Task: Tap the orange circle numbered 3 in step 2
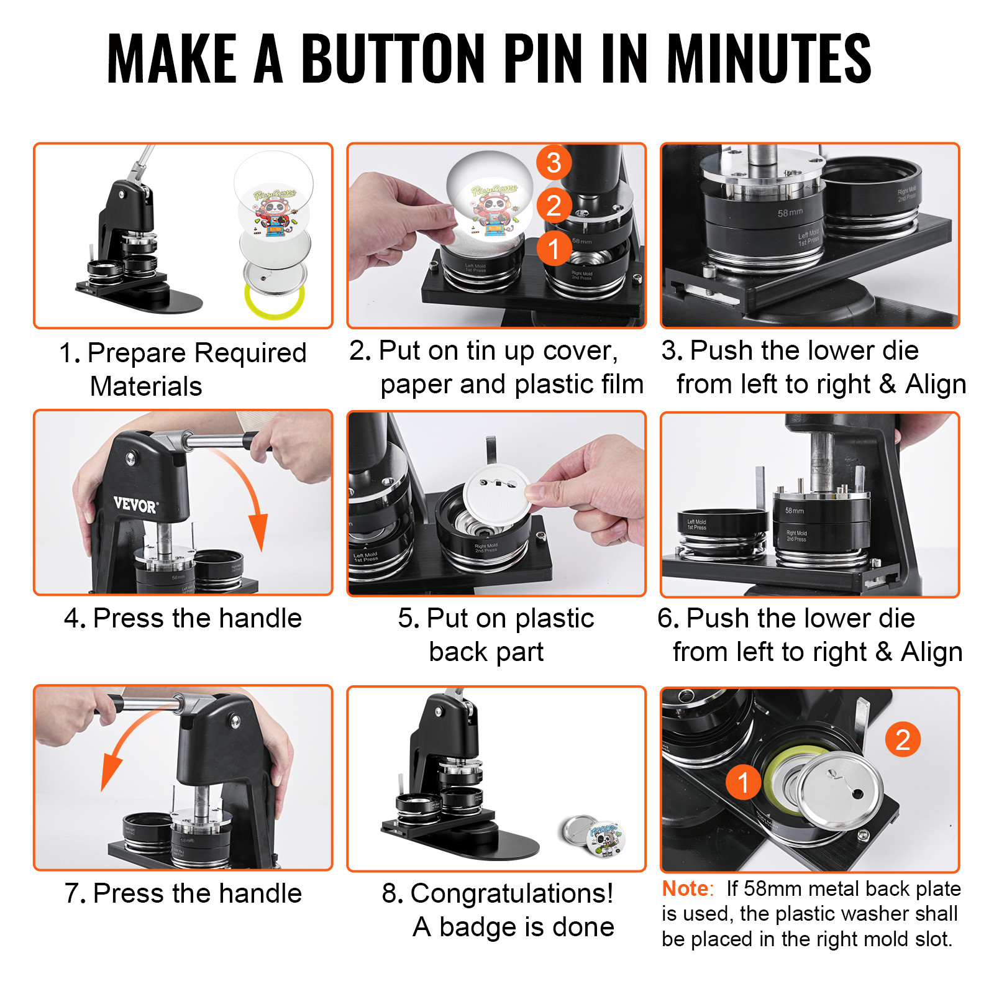[x=554, y=163]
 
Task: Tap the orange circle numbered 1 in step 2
[x=554, y=248]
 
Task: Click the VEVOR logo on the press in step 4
[x=135, y=504]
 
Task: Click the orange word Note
[x=685, y=889]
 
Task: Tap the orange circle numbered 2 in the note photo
[x=903, y=739]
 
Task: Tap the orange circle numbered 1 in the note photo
[x=743, y=782]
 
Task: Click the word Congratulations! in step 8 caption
[x=511, y=894]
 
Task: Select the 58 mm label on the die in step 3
[x=790, y=212]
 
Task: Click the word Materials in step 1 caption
[x=146, y=386]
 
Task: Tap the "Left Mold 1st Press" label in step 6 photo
[x=696, y=524]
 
